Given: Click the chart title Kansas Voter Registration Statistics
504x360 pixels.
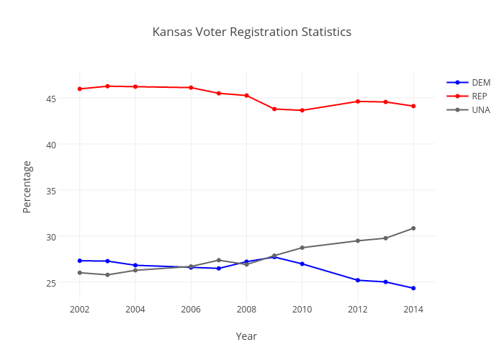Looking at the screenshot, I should click(252, 32).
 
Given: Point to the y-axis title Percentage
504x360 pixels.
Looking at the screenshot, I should click(27, 186).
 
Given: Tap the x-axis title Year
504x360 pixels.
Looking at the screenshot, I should click(246, 336).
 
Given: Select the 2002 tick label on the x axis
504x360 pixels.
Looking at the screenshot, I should click(80, 310).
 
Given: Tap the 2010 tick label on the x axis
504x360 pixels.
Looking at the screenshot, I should click(302, 310).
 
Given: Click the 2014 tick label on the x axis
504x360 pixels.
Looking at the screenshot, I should click(413, 310).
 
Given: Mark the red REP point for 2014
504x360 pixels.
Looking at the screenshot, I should click(413, 106).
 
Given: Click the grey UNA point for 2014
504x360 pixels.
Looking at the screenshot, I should click(413, 228).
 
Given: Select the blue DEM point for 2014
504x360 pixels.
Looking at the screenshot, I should click(413, 288).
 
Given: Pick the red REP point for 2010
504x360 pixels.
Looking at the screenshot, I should click(302, 110).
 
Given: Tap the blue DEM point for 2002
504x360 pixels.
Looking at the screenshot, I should click(80, 261).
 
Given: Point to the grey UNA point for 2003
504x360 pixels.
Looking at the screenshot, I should click(107, 274).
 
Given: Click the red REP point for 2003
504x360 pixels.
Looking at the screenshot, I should click(107, 86).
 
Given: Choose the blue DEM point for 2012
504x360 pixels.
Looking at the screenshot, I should click(358, 280).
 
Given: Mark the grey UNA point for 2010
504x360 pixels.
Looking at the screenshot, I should click(302, 248).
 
